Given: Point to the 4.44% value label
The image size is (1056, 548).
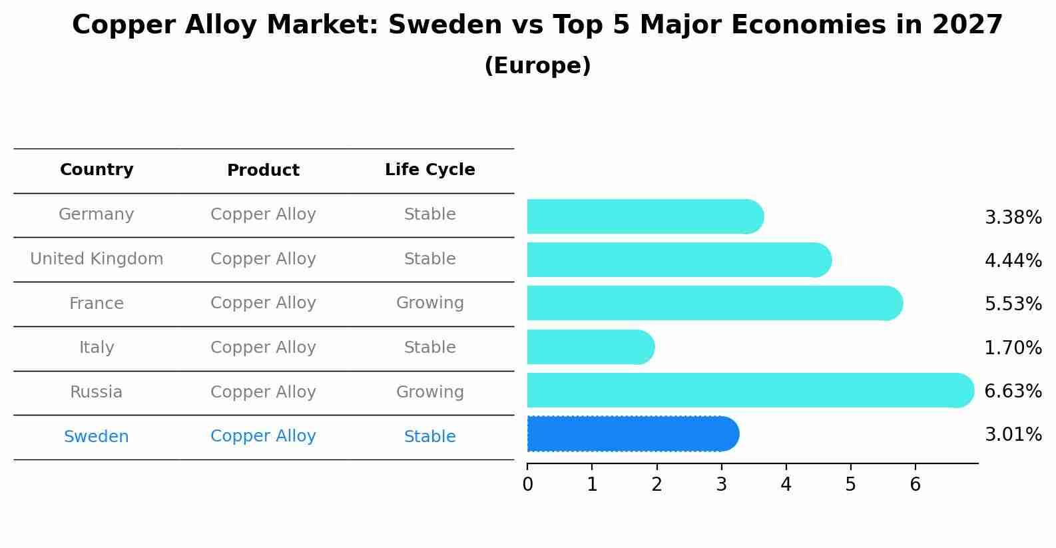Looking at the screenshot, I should [x=1013, y=260].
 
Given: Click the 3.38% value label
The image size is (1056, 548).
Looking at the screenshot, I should [x=1013, y=217].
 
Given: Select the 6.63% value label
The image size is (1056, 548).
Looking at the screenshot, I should [x=1013, y=391].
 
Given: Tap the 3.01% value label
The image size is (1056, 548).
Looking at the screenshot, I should [x=1013, y=435].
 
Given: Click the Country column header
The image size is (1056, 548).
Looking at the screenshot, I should [x=97, y=170].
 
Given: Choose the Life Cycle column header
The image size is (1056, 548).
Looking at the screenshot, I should [x=429, y=170].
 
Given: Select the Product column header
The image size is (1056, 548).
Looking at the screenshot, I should [x=263, y=170].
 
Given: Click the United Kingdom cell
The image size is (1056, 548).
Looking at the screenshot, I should [x=97, y=259].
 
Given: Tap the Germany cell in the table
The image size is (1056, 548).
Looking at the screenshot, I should [x=97, y=214].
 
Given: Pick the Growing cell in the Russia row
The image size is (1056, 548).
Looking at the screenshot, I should [x=429, y=392].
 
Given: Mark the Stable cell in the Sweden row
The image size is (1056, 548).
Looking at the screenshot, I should [x=429, y=437].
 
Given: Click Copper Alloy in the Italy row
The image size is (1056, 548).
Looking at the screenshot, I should [x=263, y=348].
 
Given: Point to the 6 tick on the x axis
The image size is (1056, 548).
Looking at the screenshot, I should [x=915, y=484].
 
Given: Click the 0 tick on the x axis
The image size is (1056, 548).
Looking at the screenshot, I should [x=527, y=484].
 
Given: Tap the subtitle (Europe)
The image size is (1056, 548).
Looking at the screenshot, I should [x=537, y=66].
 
